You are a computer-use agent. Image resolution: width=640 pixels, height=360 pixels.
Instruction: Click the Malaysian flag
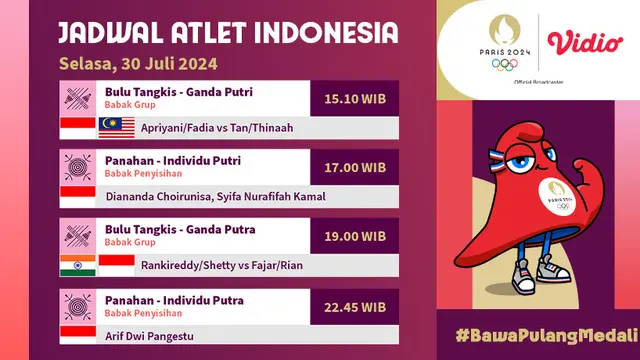tap(115, 127)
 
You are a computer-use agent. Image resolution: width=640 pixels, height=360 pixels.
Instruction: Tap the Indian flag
tap(76, 264)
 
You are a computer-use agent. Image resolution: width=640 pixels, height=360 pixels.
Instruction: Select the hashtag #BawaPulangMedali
tap(546, 334)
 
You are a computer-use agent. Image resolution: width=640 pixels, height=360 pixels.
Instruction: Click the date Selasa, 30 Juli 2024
tap(139, 64)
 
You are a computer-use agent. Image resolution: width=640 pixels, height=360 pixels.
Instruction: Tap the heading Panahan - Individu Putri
tap(172, 160)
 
